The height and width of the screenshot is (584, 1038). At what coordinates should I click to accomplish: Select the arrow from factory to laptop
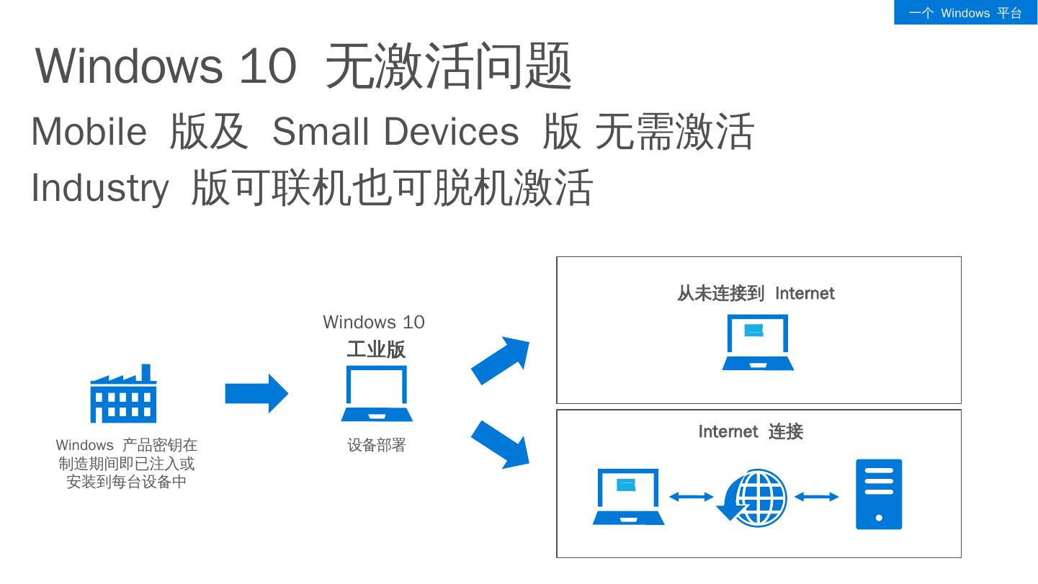[x=256, y=393]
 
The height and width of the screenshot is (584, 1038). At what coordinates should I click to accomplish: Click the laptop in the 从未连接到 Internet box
[x=758, y=343]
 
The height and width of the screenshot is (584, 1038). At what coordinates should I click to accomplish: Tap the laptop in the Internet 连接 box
[x=628, y=497]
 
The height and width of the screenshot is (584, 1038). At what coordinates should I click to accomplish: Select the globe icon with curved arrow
[x=753, y=498]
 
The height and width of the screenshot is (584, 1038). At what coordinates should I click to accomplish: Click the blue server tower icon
[x=879, y=495]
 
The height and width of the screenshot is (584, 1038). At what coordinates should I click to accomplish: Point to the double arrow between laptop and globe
[x=692, y=497]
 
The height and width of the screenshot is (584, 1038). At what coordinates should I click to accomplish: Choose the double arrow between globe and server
[x=817, y=497]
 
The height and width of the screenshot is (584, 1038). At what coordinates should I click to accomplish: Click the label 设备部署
[x=377, y=446]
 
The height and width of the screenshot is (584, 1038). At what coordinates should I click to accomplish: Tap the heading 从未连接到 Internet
[x=755, y=294]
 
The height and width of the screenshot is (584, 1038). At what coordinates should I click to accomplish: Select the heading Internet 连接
[x=751, y=432]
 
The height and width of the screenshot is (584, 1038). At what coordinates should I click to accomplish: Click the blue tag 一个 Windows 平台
[x=965, y=13]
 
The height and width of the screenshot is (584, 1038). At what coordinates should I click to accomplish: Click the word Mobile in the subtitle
[x=89, y=132]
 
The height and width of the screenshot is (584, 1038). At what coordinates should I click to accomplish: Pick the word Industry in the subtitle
[x=99, y=188]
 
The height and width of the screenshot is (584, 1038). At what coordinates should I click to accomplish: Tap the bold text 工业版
[x=376, y=349]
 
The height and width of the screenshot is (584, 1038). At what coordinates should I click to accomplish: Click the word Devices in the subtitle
[x=450, y=132]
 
